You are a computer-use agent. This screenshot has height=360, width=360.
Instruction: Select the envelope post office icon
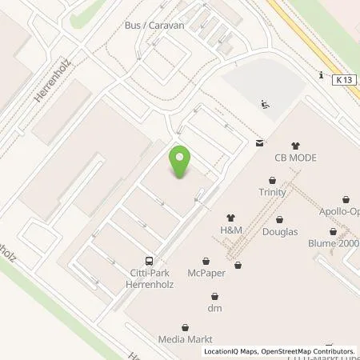[259, 143]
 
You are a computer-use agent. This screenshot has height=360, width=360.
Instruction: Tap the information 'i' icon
[319, 77]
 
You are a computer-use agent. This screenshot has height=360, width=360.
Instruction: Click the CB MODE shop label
[295, 158]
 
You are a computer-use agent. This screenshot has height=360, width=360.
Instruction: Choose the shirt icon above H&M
[232, 217]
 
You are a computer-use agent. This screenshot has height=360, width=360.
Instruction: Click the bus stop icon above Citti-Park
[149, 261]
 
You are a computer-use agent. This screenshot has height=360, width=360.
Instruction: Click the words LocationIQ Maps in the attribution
[230, 351]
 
